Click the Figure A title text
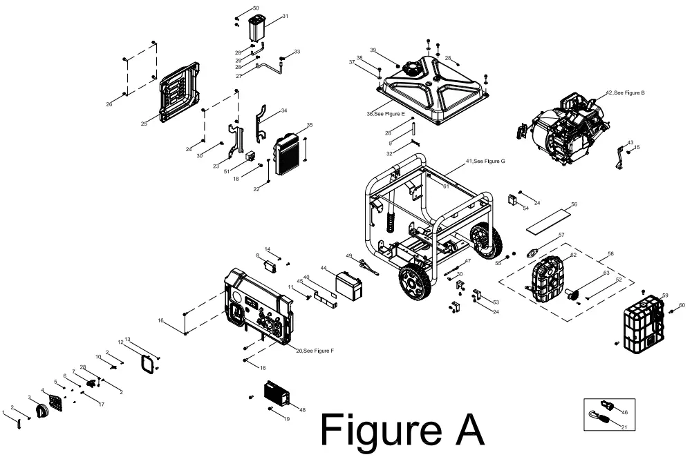click(402, 430)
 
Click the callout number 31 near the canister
click(285, 16)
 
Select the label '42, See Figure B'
click(625, 92)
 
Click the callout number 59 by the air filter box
click(665, 295)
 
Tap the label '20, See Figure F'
click(315, 351)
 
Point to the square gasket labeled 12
click(147, 362)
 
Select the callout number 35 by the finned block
click(310, 125)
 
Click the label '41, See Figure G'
click(485, 161)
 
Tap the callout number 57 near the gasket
click(561, 235)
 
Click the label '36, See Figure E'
click(386, 113)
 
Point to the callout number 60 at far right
click(682, 304)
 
